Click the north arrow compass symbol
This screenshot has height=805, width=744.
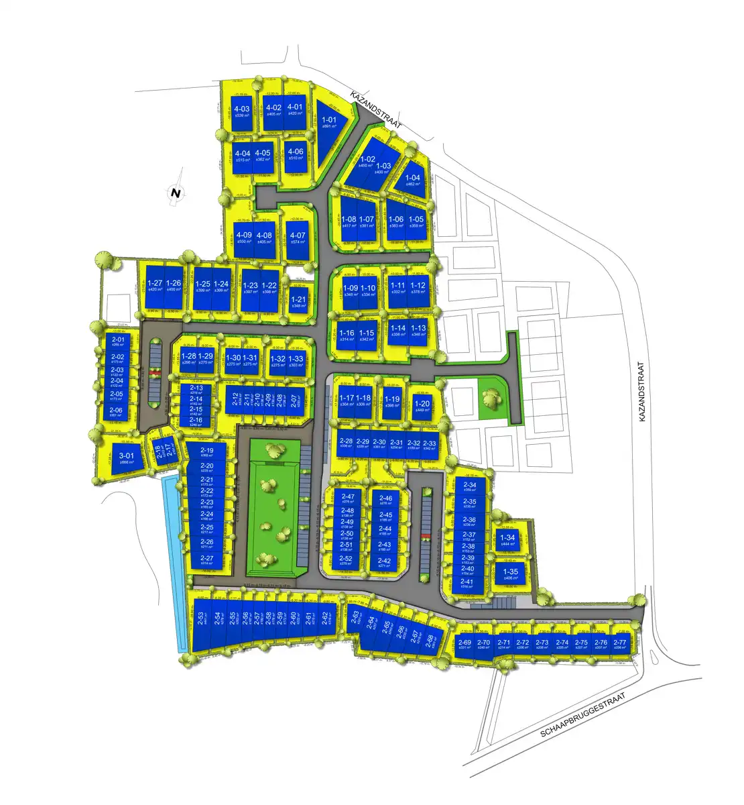tap(176, 193)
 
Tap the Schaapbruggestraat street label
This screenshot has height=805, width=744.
tap(582, 715)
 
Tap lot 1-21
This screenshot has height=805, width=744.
tap(298, 302)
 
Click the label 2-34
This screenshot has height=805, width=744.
tap(469, 485)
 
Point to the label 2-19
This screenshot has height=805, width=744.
tap(206, 451)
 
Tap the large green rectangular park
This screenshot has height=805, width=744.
tap(272, 506)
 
